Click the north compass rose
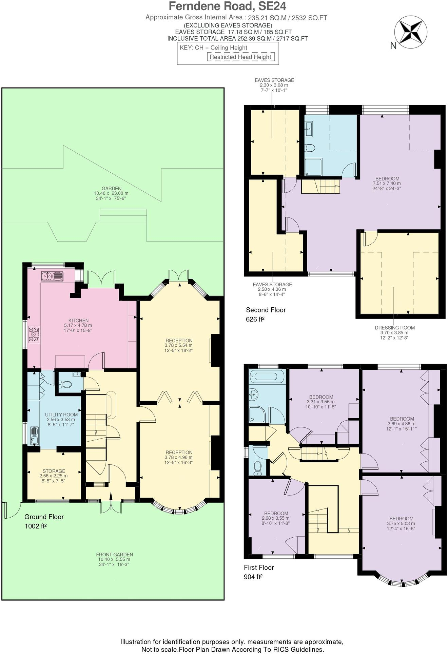point(411,32)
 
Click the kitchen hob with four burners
point(34,334)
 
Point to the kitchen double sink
point(52,276)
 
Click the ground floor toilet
point(65,384)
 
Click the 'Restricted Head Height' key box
point(240,57)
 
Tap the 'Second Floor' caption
point(266,310)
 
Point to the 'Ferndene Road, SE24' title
point(227,6)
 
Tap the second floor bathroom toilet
point(310,148)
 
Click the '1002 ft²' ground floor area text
point(36,526)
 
